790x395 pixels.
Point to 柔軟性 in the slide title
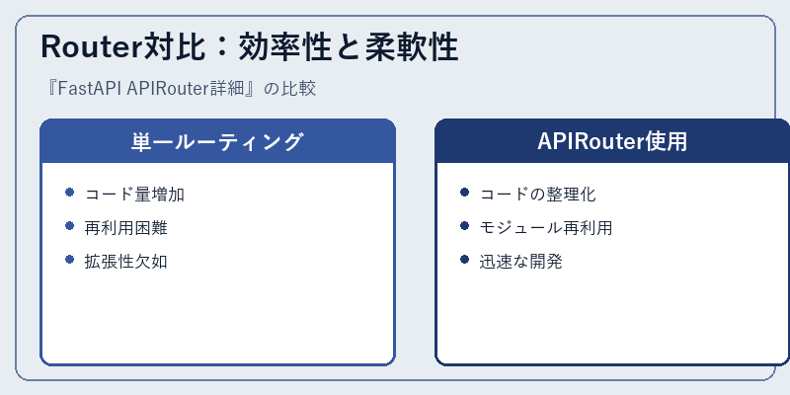(x=411, y=47)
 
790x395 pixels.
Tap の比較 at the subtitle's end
(x=289, y=89)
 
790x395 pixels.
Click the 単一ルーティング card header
(x=217, y=141)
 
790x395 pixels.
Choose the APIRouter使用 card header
(x=612, y=141)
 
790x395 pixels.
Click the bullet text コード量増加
(x=134, y=194)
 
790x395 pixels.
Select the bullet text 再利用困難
(x=126, y=228)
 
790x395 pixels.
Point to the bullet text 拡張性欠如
(x=126, y=262)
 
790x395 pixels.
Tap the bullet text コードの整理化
(x=537, y=194)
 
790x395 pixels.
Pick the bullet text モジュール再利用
(x=546, y=228)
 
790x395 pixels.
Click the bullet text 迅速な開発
(x=521, y=262)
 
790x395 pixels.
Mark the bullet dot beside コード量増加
(x=69, y=193)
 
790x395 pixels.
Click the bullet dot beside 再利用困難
(x=69, y=226)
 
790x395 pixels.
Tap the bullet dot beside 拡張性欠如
(x=69, y=260)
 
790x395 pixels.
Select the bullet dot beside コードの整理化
(x=464, y=193)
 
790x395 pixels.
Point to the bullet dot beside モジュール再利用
(x=464, y=226)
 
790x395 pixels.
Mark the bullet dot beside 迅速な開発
(x=464, y=260)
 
